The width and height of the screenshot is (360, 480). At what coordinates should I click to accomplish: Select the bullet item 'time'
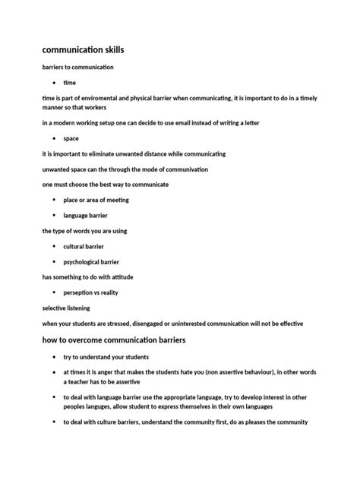pos(69,82)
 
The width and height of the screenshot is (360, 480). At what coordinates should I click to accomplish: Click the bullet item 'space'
pos(71,139)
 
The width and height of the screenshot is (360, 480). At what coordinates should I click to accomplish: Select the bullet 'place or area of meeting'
pos(96,201)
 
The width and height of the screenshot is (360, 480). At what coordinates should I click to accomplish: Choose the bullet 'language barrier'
pos(85,216)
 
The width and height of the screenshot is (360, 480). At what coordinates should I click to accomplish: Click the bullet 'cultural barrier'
pos(84,247)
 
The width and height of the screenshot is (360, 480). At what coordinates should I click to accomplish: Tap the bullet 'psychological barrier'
pos(90,262)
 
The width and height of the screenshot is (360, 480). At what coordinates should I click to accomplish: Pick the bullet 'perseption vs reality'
pos(90,293)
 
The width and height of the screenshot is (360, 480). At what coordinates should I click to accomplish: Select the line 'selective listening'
pos(66,308)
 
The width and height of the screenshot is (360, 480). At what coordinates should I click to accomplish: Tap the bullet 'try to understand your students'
pos(106,357)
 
